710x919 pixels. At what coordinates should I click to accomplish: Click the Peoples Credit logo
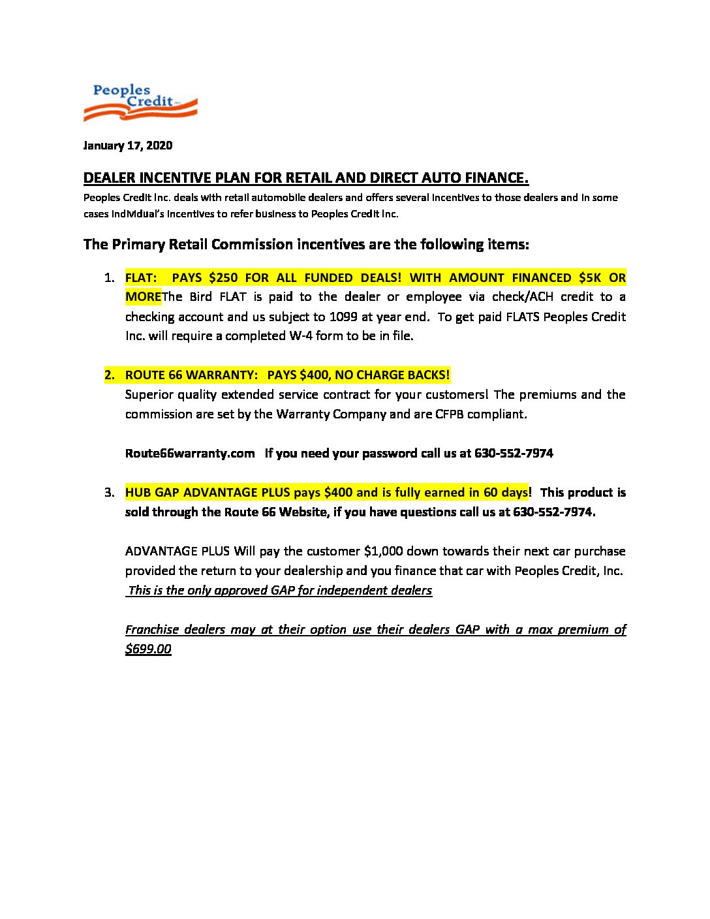point(140,102)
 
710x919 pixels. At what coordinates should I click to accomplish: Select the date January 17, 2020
point(128,146)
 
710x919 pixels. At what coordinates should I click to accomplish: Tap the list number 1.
point(109,278)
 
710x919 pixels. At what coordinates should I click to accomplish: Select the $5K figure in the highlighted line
point(590,277)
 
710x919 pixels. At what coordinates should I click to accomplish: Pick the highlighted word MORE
point(143,297)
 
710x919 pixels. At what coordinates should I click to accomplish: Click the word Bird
point(202,297)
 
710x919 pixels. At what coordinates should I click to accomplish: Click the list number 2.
point(109,375)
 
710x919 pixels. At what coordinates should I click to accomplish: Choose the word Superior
point(149,395)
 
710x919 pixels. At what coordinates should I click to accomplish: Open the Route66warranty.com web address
point(190,454)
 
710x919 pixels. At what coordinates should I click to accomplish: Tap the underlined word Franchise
point(151,630)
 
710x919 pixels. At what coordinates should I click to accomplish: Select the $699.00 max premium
point(148,649)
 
